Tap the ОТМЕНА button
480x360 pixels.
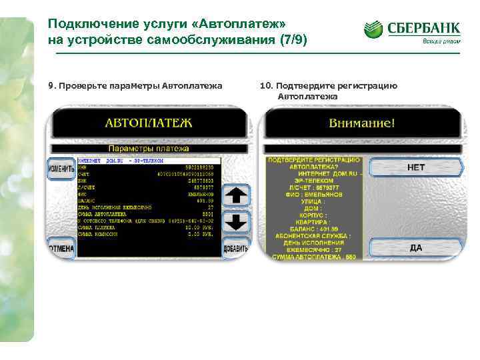[x=61, y=248]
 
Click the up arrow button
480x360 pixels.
[x=237, y=196]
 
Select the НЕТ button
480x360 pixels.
[x=415, y=168]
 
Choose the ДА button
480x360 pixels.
[x=415, y=248]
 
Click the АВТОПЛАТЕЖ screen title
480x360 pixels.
[x=148, y=123]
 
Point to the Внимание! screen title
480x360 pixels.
[x=362, y=123]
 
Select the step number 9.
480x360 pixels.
[x=51, y=85]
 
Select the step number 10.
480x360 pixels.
[x=265, y=85]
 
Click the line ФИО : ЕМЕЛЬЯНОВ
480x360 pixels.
[x=313, y=194]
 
